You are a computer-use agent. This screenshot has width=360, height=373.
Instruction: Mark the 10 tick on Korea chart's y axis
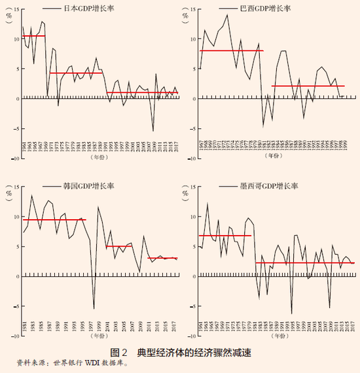pyautogui.click(x=14, y=217)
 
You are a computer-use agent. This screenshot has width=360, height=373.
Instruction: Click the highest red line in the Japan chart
pyautogui.click(x=34, y=36)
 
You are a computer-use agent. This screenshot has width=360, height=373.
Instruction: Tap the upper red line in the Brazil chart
pyautogui.click(x=232, y=50)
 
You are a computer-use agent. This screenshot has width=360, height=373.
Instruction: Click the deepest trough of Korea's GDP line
pyautogui.click(x=94, y=308)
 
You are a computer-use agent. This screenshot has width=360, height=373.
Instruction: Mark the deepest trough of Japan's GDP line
pyautogui.click(x=153, y=131)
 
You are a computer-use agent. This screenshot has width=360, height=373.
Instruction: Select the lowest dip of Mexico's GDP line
pyautogui.click(x=292, y=313)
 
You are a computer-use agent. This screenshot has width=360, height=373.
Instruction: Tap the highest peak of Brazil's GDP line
pyautogui.click(x=227, y=14)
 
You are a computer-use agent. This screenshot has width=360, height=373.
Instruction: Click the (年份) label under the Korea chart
pyautogui.click(x=99, y=336)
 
